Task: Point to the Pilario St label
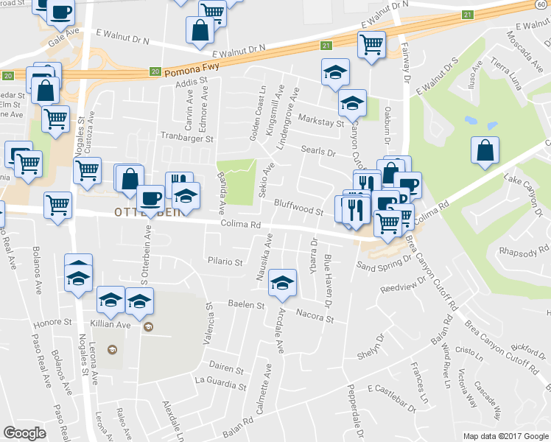(x=225, y=261)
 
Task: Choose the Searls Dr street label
(x=318, y=152)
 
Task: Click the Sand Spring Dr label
(x=382, y=264)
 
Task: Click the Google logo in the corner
(x=24, y=432)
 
